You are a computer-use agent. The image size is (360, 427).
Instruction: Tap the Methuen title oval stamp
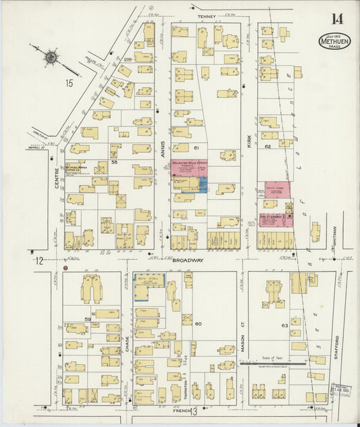click(x=334, y=42)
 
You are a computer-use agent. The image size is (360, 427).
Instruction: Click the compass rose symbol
click(x=51, y=57)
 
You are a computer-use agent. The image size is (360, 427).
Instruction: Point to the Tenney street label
click(x=206, y=16)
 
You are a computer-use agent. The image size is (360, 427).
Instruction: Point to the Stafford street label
click(x=335, y=345)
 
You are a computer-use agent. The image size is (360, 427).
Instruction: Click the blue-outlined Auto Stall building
click(x=149, y=286)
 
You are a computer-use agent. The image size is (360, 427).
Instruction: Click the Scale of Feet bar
click(x=284, y=362)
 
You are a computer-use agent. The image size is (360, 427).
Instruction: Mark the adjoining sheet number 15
click(x=69, y=83)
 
